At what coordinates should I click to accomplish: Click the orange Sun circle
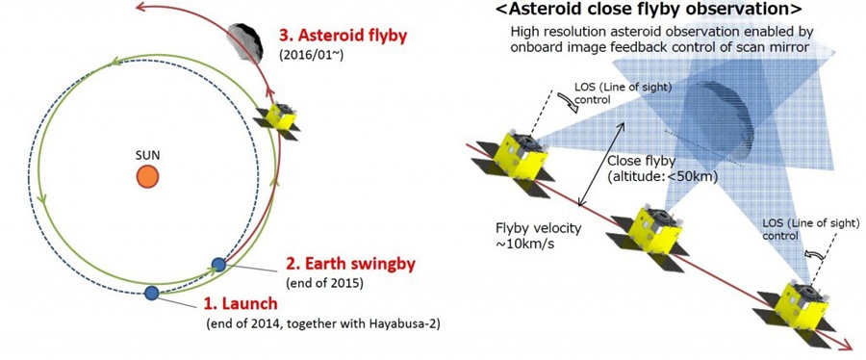[x=147, y=177]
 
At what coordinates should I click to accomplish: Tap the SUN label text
[x=147, y=156]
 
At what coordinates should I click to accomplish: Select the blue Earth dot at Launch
[x=151, y=293]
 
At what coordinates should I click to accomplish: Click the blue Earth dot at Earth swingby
[x=218, y=265]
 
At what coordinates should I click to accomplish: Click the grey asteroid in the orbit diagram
[x=244, y=42]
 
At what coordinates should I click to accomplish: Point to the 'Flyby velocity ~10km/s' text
[x=539, y=235]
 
